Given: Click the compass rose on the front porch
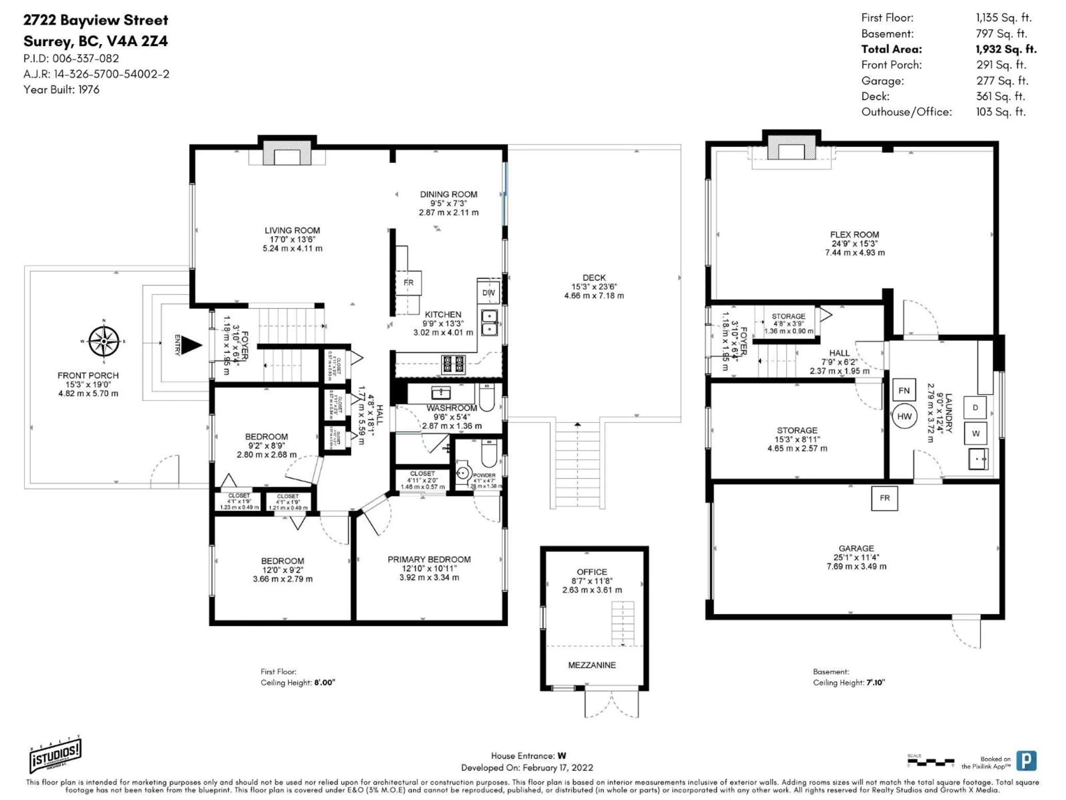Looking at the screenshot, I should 104,341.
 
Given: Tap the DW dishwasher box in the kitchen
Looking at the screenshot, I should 488,293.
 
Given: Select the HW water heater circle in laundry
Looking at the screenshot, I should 904,416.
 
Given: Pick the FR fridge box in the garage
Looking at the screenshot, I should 884,498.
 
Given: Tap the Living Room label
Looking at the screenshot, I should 292,231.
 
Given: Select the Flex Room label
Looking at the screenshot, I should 854,234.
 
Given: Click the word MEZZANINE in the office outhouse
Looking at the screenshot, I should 592,665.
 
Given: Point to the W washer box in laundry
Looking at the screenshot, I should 976,434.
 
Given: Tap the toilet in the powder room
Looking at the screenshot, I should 489,454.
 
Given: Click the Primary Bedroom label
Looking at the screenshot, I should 429,559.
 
